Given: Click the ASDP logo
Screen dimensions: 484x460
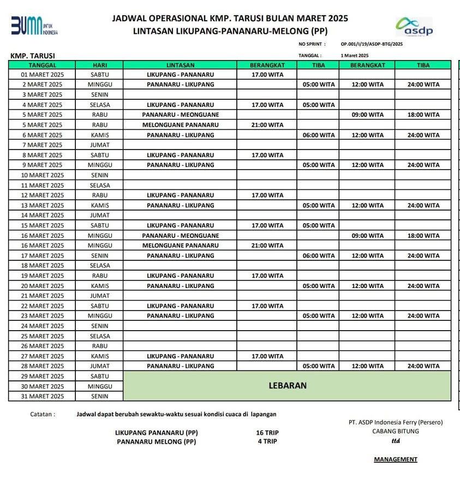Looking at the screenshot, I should click(x=415, y=27).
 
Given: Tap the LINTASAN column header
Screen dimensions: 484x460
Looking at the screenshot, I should click(x=181, y=65).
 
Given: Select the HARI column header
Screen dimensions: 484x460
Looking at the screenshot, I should click(x=99, y=65).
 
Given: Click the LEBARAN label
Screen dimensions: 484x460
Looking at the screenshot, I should click(x=288, y=386).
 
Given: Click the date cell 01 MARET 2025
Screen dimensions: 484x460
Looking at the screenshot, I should click(x=42, y=75).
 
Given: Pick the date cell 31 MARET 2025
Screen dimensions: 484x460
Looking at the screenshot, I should click(x=42, y=396).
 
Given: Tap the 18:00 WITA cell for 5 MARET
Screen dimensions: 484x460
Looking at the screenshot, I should click(x=423, y=115).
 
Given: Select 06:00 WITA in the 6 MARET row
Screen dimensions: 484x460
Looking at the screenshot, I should click(x=319, y=135).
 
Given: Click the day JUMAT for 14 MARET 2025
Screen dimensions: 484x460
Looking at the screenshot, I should click(x=99, y=215).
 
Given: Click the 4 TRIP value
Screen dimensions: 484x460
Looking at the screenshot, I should click(x=267, y=442).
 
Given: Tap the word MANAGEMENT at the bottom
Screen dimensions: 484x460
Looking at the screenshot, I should click(x=396, y=459).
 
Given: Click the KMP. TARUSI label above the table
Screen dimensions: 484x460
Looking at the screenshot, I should click(x=33, y=56).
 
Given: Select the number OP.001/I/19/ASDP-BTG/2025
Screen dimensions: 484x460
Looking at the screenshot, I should click(x=372, y=45).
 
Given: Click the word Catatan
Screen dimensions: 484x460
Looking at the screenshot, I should click(x=43, y=414).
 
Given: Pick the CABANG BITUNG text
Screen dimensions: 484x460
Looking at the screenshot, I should click(x=396, y=432).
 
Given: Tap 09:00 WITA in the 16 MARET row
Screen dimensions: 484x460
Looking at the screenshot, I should click(x=367, y=235).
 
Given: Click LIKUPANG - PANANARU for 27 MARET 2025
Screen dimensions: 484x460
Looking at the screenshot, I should click(x=181, y=356).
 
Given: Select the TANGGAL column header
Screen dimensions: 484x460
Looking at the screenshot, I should click(x=42, y=65).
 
